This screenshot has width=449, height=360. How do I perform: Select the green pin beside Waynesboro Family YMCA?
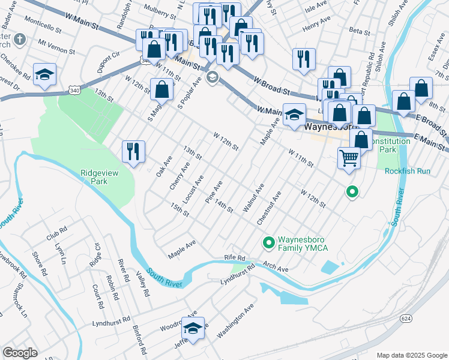click(x=268, y=242)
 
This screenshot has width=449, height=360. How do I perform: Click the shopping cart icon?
click(x=349, y=158)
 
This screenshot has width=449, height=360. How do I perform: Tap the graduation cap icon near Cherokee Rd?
click(x=44, y=74)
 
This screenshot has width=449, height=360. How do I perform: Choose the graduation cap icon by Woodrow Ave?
click(x=193, y=328)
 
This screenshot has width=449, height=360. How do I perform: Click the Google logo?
click(x=20, y=353)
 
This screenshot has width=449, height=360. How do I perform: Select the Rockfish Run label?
click(x=408, y=171)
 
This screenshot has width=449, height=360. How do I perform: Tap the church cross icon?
click(x=20, y=40)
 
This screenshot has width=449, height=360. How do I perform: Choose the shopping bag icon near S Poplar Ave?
click(x=161, y=90)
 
